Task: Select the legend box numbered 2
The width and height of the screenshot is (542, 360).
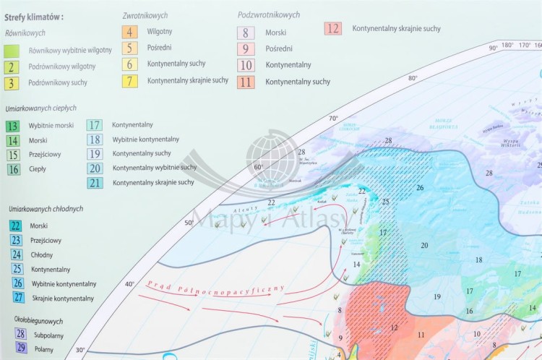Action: pyautogui.click(x=12, y=67)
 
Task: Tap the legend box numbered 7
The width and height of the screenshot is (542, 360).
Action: pyautogui.click(x=130, y=80)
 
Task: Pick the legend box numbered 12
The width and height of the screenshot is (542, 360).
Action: pyautogui.click(x=332, y=29)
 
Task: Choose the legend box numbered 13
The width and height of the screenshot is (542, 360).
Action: pyautogui.click(x=12, y=126)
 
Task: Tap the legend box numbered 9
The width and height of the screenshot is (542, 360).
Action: pyautogui.click(x=246, y=49)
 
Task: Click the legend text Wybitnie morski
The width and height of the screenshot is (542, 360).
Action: pyautogui.click(x=51, y=126)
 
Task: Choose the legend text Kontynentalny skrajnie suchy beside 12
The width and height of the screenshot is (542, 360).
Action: pyautogui.click(x=396, y=29)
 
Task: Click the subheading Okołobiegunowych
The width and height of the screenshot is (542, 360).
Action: pyautogui.click(x=38, y=320)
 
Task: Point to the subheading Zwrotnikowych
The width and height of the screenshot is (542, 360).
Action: pyautogui.click(x=145, y=14)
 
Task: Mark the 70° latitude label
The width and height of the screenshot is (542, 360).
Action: pyautogui.click(x=333, y=117)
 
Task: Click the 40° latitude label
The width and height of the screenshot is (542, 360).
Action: pyautogui.click(x=129, y=284)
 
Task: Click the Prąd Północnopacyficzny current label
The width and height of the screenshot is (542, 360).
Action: pyautogui.click(x=216, y=286)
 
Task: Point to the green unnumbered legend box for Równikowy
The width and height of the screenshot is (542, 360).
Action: pyautogui.click(x=12, y=51)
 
